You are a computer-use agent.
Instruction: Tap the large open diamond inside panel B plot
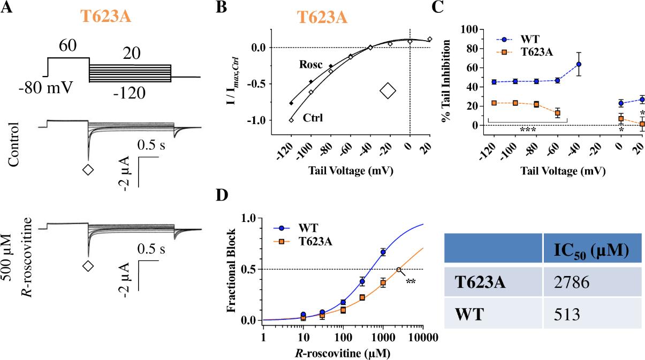[x=388, y=90]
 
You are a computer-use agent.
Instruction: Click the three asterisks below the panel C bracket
[x=527, y=129]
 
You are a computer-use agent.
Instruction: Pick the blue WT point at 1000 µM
[x=383, y=252]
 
